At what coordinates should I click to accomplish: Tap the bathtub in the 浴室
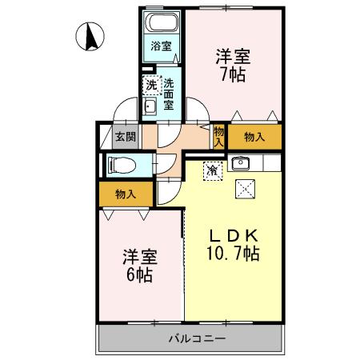[x=162, y=25]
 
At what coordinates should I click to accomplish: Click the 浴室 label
[x=162, y=46]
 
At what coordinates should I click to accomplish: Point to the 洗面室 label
[x=170, y=94]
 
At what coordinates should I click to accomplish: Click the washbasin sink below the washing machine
[x=150, y=106]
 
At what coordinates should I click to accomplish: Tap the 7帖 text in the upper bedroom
[x=234, y=75]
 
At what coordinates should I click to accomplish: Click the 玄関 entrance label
[x=124, y=136]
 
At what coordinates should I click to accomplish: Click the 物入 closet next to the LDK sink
[x=254, y=137]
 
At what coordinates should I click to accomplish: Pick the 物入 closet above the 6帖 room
[x=125, y=194]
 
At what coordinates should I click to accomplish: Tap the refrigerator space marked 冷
[x=212, y=170]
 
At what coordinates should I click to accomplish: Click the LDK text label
[x=234, y=236]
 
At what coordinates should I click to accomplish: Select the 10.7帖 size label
[x=234, y=255]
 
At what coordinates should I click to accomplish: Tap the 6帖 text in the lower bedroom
[x=139, y=275]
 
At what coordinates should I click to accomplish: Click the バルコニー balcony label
[x=197, y=338]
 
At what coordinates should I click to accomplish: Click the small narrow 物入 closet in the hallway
[x=218, y=136]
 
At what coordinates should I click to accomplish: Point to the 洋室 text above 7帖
[x=234, y=57]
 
